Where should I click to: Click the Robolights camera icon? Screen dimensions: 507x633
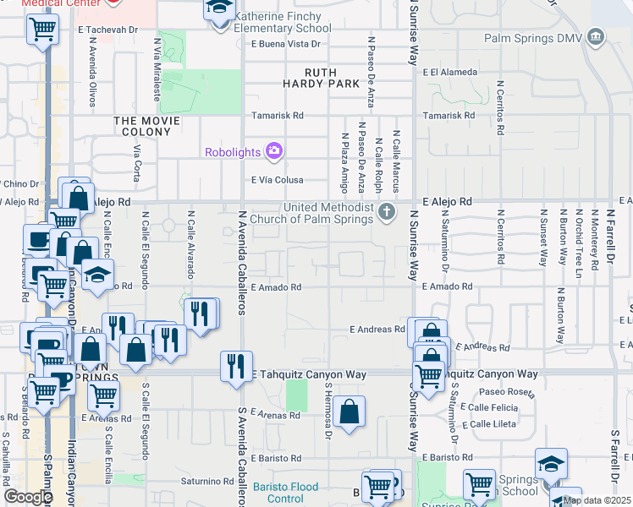click(273, 151)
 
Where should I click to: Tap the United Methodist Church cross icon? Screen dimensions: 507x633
click(387, 211)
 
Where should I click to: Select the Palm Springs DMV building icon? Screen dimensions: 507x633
click(596, 37)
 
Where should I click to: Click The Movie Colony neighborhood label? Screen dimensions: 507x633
click(147, 127)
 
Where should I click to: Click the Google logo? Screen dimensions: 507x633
click(27, 497)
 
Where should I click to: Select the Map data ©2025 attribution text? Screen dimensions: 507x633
click(596, 500)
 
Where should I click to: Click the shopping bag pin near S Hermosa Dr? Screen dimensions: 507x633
click(349, 412)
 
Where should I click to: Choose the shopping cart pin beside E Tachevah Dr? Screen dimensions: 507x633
click(41, 30)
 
